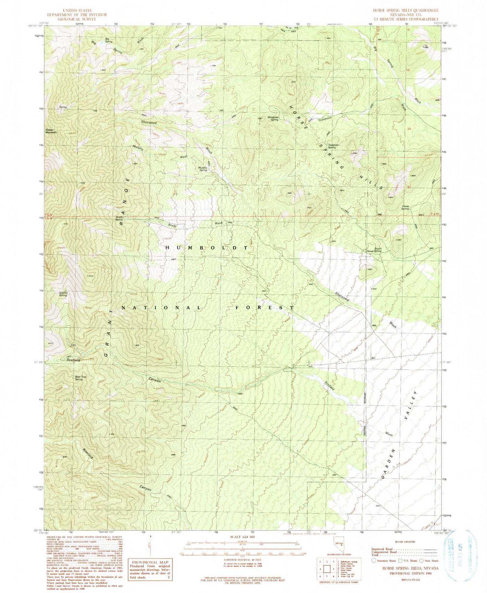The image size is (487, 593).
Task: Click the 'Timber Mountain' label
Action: click(51, 131)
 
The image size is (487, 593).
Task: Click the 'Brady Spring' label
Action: click(119, 218)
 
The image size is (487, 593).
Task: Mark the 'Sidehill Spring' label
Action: click(63, 294)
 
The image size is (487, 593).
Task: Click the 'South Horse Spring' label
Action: click(374, 250)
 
